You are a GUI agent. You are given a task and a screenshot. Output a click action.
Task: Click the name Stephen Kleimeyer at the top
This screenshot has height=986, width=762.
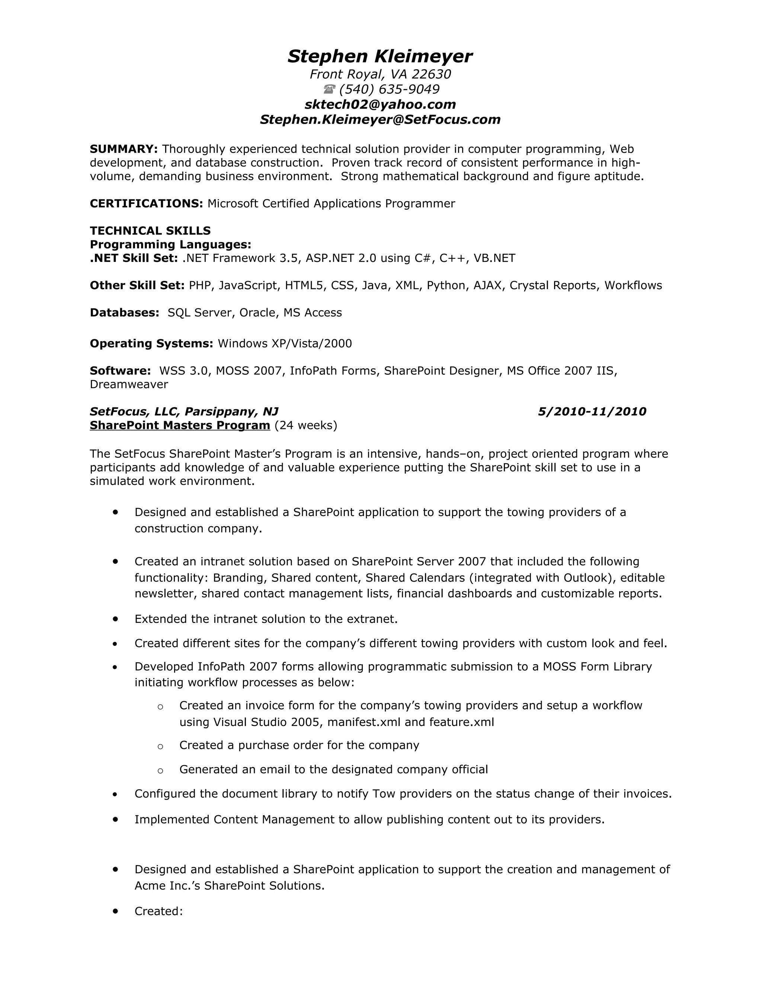tap(380, 57)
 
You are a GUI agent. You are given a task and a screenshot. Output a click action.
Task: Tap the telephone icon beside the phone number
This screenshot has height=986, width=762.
tap(329, 89)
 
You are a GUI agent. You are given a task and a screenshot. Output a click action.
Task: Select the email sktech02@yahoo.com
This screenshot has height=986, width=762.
tap(380, 104)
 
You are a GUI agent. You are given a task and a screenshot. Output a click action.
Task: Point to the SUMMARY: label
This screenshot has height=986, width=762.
tap(124, 149)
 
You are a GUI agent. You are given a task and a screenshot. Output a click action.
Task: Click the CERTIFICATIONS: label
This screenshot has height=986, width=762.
tap(146, 204)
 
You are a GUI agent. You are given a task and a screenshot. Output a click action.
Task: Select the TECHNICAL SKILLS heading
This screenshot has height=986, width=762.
tap(150, 231)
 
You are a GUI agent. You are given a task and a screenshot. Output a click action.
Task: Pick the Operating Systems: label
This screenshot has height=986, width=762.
tap(151, 343)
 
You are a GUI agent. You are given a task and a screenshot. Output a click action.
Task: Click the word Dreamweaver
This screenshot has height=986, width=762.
tap(129, 384)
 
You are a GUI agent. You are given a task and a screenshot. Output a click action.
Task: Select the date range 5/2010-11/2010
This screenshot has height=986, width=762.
tap(592, 411)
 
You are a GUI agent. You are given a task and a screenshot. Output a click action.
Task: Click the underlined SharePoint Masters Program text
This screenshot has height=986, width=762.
tap(180, 425)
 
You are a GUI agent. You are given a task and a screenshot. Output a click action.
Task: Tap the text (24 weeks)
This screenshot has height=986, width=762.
tap(305, 425)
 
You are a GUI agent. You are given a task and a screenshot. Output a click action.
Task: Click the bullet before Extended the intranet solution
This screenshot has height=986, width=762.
tap(116, 618)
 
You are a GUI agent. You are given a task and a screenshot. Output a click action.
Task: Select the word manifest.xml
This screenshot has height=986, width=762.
tap(364, 722)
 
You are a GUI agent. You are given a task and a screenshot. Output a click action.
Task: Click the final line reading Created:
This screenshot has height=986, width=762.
tap(159, 911)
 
